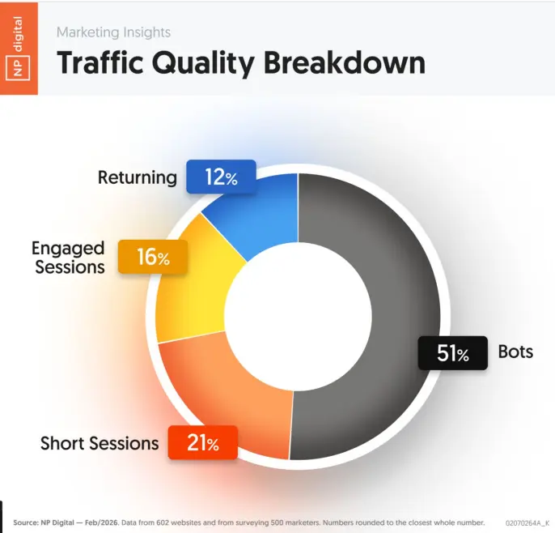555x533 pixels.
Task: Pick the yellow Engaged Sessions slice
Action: point(194,284)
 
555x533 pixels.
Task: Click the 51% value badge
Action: point(452,353)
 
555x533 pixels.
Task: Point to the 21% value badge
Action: point(202,443)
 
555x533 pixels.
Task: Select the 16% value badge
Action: point(153,257)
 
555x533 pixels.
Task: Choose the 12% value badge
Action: point(220,177)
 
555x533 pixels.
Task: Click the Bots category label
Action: point(515,353)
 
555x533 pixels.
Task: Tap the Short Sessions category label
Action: point(100,443)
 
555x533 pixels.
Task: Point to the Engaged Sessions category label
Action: point(69,257)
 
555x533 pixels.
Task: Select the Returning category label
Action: point(137,177)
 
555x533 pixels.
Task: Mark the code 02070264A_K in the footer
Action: point(527,522)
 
